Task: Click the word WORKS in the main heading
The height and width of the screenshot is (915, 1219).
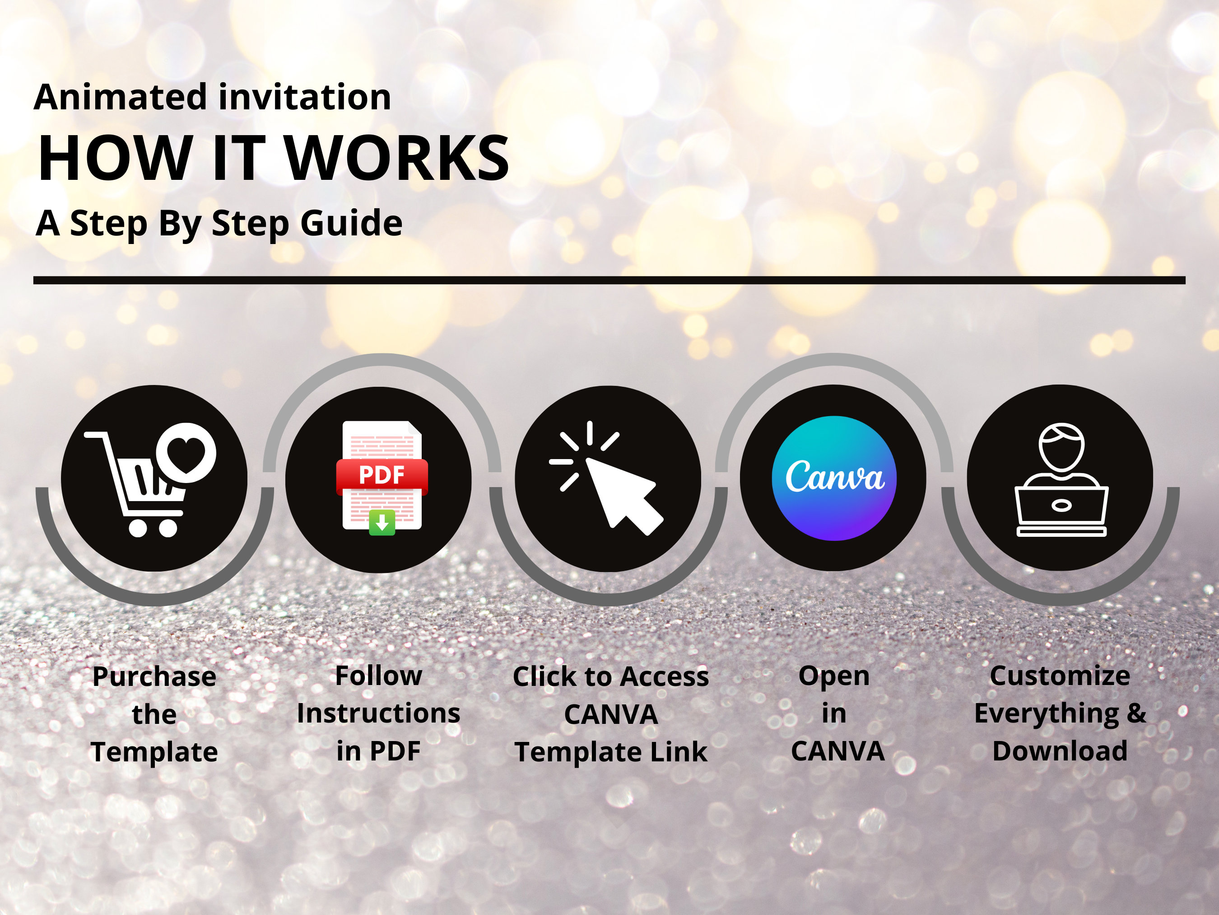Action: pos(398,159)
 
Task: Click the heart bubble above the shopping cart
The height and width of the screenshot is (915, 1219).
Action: pos(186,453)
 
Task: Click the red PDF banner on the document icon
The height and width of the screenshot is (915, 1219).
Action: pos(382,475)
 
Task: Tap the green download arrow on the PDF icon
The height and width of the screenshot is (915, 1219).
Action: pos(382,522)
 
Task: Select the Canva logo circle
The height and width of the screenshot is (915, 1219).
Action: pos(834,478)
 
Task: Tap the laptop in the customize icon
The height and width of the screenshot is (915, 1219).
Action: pos(1061,507)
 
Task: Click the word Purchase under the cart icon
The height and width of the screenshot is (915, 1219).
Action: pos(154,677)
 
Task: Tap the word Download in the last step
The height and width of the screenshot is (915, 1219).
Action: pos(1060,751)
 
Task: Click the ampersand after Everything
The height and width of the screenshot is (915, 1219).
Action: pos(1136,713)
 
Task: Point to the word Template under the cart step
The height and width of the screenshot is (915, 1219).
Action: pos(154,752)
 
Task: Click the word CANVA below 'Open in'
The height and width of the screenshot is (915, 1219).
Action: pos(837,751)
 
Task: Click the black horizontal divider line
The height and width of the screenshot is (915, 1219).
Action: pos(609,280)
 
